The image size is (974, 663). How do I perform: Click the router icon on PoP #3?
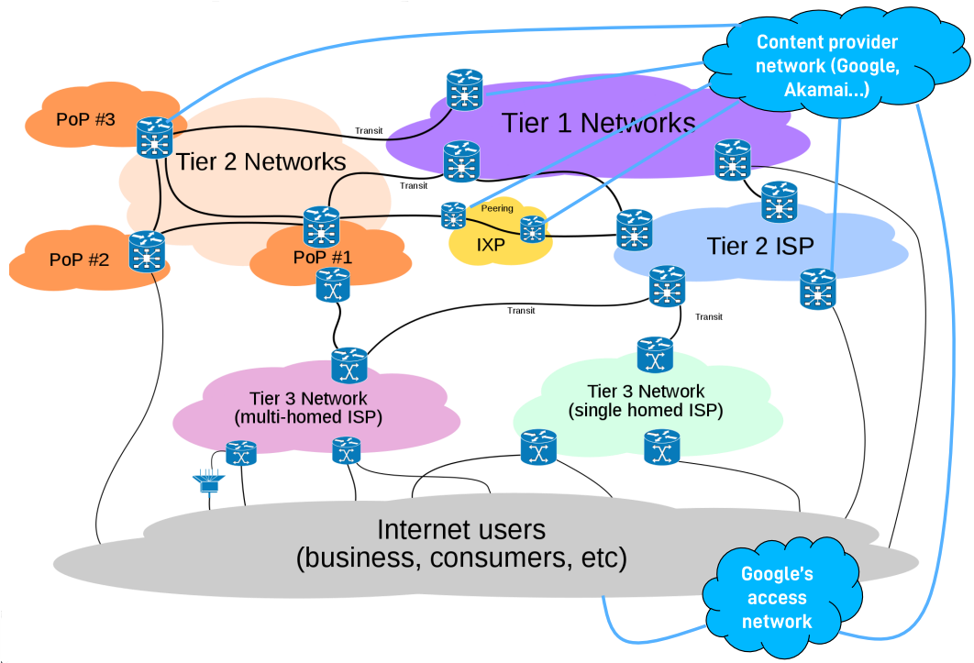pos(155,137)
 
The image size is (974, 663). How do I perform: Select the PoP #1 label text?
pos(322,257)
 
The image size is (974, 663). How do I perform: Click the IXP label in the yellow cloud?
pos(492,245)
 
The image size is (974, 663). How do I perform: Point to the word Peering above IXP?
pos(497,209)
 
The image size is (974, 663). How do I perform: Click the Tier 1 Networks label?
pos(598,122)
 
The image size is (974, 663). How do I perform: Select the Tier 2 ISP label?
pos(760,245)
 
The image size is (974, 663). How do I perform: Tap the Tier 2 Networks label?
pos(260,162)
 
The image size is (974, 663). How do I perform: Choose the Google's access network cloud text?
pos(777,598)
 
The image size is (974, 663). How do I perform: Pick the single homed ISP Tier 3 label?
pos(646,401)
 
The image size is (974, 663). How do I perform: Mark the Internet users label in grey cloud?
pos(461,544)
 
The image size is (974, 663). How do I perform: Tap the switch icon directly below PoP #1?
pos(332,286)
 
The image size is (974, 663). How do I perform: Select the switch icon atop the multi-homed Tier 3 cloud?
pos(349,366)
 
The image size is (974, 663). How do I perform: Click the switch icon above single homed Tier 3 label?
pos(655,355)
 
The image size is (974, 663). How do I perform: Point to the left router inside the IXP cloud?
pos(453,215)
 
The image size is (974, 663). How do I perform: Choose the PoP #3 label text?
pos(85,118)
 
